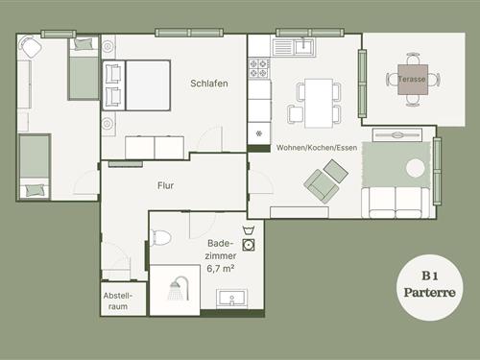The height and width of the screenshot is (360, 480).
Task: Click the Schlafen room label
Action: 209,84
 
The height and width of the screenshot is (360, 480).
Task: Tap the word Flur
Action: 166,185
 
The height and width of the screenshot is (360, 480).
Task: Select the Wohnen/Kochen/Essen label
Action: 317,148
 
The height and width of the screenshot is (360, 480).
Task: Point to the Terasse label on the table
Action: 412,79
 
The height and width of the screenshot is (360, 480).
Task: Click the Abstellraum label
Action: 118,300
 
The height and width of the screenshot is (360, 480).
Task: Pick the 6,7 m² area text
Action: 221,268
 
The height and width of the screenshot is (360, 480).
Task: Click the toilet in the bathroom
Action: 161,238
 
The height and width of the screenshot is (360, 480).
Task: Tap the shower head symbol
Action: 179,288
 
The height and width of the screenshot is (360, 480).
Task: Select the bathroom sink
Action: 231,299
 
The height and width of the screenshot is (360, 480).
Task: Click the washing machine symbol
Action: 249,245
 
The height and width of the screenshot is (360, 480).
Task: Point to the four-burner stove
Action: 259,68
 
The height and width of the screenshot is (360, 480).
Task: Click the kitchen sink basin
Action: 304,47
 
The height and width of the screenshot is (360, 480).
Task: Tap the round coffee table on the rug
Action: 416,168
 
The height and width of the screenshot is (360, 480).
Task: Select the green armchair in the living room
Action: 322,186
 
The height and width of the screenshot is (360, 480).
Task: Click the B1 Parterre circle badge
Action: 430,287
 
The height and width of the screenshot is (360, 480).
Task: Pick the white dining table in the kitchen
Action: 319,103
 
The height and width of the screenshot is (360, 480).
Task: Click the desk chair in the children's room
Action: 31,47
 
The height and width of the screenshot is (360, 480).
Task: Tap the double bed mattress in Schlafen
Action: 148,85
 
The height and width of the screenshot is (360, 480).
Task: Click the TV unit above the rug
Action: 397,134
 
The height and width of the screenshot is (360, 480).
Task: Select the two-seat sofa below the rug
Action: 396,203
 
